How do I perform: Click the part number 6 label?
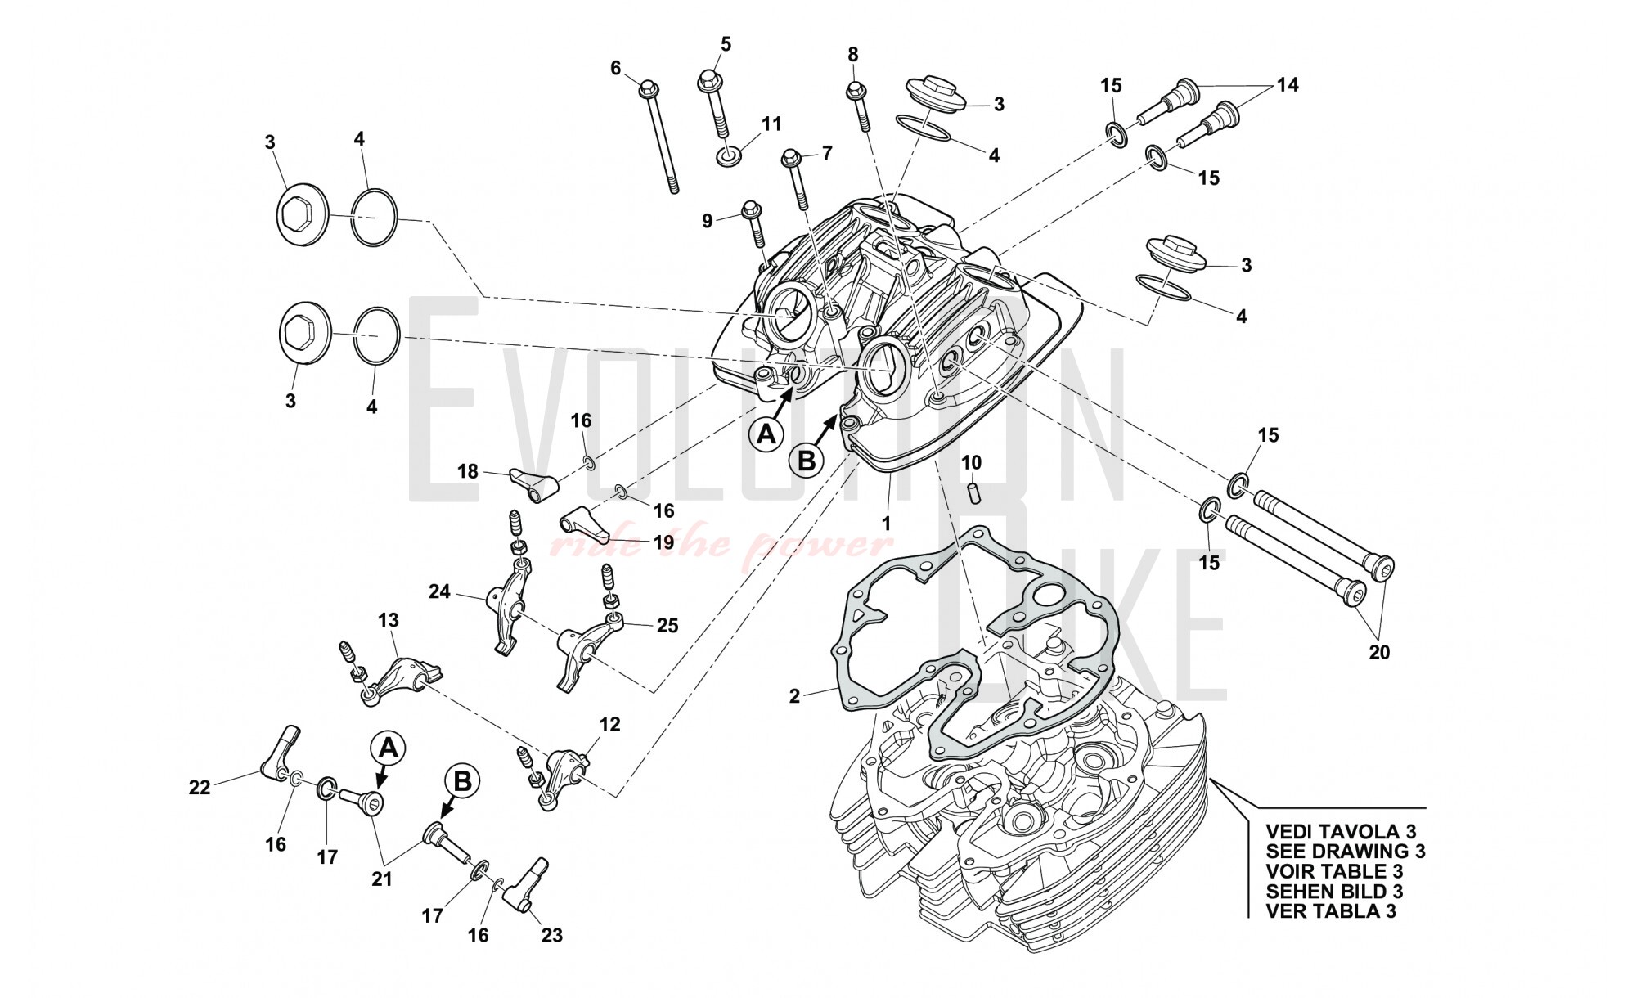coord(616,68)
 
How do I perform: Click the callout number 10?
coord(971,463)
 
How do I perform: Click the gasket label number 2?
coord(794,696)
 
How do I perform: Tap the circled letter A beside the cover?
coord(766,434)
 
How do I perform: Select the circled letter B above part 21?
coord(462,781)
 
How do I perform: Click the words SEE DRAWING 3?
coord(1345,851)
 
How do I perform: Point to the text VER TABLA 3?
coord(1330,911)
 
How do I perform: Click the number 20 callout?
coord(1379,652)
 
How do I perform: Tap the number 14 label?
coord(1288,84)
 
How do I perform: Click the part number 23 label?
coord(552,934)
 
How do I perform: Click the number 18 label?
coord(467,472)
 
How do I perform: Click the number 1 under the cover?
coord(886,522)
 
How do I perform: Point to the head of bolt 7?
coord(790,156)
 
